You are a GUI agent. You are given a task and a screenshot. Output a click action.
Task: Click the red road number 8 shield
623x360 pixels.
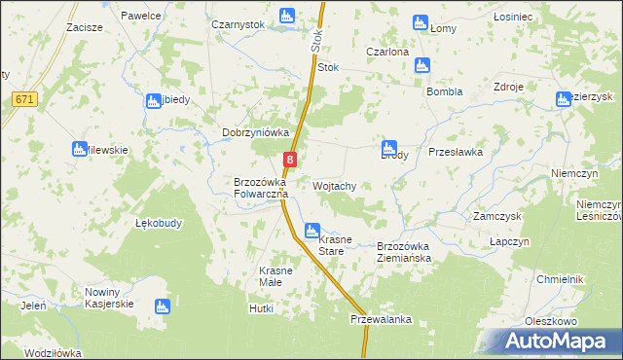pos(290,160)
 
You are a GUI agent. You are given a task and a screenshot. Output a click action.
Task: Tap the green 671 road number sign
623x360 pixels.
pos(26,99)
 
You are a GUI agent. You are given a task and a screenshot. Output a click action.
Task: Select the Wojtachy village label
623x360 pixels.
pos(336,186)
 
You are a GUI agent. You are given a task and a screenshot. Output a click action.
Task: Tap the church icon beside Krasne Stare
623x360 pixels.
pos(311,232)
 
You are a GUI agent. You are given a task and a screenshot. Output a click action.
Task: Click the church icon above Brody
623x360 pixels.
pos(389,149)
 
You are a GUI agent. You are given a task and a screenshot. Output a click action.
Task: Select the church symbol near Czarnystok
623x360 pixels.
pos(286,16)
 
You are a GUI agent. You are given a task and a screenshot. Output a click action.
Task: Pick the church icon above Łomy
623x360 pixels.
pos(421,21)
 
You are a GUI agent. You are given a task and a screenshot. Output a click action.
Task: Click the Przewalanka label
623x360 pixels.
pos(382,319)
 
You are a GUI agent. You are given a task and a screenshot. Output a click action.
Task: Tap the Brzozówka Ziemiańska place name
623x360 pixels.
pos(410,252)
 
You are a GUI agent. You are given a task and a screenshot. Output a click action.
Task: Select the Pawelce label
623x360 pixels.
pos(140,17)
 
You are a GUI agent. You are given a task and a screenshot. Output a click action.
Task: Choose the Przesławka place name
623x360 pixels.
pos(456,153)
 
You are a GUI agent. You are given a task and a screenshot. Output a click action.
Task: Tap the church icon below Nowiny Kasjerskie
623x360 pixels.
pos(162,306)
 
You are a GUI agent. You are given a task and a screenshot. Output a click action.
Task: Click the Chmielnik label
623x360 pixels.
pos(559,279)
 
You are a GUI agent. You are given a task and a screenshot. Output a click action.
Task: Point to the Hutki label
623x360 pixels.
pos(262,308)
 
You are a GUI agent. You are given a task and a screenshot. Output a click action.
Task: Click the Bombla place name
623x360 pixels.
pos(444,91)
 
